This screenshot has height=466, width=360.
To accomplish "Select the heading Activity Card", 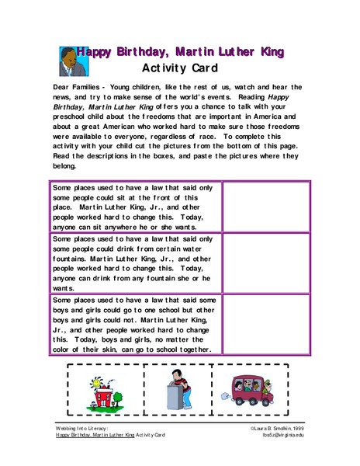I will coord(183,68).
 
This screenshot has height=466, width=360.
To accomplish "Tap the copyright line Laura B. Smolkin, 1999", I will coord(279,427).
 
